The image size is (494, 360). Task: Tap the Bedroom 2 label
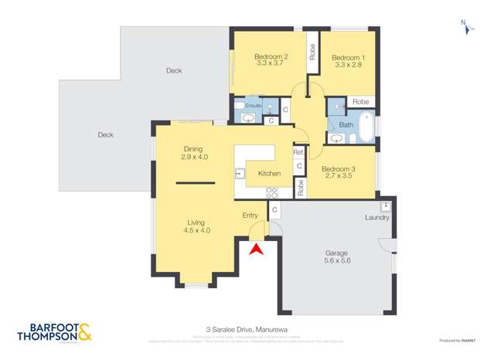point(271,61)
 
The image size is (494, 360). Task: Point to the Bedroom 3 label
point(339,174)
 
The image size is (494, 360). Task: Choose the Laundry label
point(377,218)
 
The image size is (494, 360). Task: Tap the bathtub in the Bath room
point(366,127)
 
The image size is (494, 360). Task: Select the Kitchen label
point(269,173)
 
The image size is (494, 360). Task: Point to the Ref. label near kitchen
point(298,152)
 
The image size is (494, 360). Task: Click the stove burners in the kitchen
point(272,192)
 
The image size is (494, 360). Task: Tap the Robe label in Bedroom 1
point(360,101)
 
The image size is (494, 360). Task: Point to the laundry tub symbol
point(384,205)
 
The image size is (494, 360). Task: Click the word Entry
point(250,216)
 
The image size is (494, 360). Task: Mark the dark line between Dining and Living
point(195,182)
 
